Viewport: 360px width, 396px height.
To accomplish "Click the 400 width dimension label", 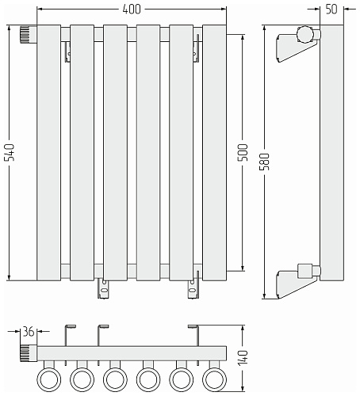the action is (132, 10).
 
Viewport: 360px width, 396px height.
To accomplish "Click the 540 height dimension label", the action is (10, 152).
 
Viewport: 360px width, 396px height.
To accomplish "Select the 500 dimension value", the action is (243, 152).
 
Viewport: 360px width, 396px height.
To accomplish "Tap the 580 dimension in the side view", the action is (265, 162).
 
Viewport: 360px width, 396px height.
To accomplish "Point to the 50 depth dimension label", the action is (331, 10).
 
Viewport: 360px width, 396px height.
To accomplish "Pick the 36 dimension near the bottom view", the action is (29, 331).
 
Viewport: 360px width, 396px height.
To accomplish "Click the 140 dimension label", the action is (243, 358).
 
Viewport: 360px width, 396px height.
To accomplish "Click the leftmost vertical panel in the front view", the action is (49, 153).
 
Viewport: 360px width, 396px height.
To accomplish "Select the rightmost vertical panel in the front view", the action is (214, 153).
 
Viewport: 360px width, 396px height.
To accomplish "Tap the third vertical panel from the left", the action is (115, 153).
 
